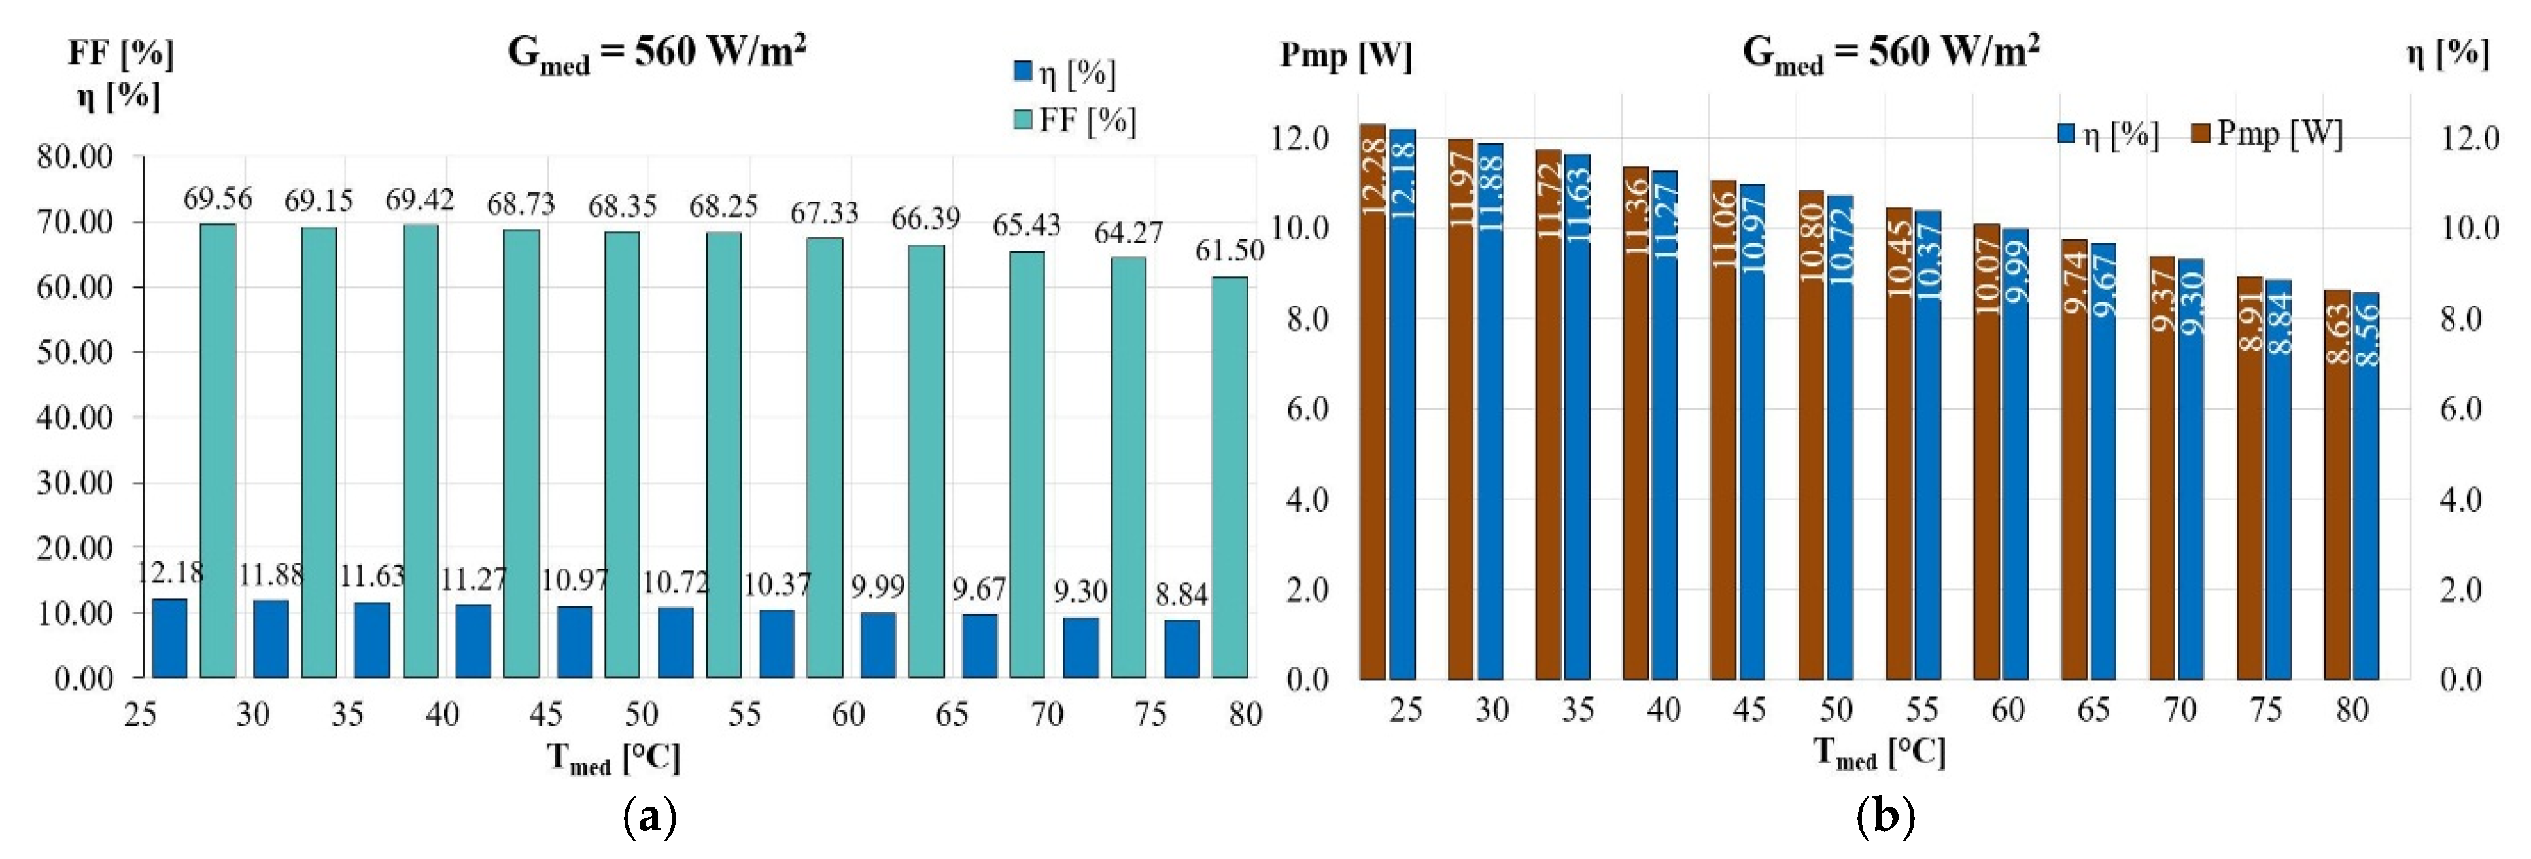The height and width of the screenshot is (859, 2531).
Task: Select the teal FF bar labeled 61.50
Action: click(x=1229, y=477)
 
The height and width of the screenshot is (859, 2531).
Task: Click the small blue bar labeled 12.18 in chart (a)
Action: click(x=169, y=638)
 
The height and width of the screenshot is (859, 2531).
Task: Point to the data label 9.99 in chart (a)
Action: click(x=878, y=587)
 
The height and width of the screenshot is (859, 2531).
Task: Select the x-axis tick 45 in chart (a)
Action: click(x=545, y=714)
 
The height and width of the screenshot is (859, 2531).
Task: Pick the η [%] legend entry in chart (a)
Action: click(x=1065, y=73)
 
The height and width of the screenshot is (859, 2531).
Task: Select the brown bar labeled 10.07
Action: click(x=1987, y=451)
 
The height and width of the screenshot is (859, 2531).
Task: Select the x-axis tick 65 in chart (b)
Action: click(x=2093, y=710)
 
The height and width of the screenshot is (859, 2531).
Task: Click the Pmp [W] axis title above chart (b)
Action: click(x=1345, y=56)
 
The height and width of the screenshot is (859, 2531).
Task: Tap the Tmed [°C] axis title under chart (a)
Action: click(x=613, y=758)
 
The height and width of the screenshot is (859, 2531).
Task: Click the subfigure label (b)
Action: click(x=1884, y=816)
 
